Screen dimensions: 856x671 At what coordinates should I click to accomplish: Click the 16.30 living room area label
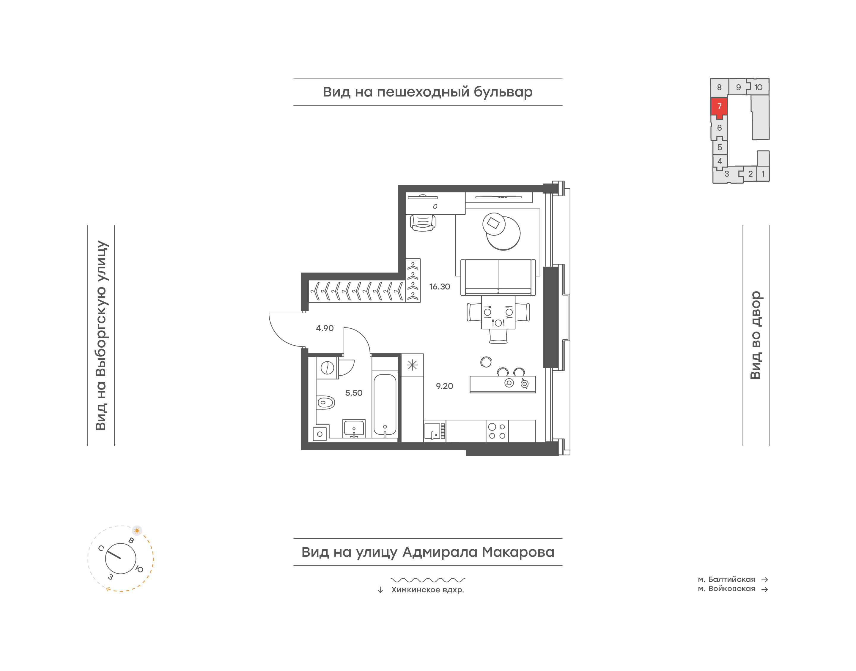(x=439, y=287)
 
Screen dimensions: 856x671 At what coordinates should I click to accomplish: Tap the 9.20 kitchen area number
(x=444, y=386)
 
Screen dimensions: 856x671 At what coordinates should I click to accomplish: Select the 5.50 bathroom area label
(x=353, y=393)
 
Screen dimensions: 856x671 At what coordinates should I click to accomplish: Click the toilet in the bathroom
(x=325, y=402)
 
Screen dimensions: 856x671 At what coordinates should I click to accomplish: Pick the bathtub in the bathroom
(x=385, y=404)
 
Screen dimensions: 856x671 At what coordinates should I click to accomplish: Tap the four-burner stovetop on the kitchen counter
(x=497, y=431)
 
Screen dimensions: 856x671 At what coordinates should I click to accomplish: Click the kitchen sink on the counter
(x=432, y=431)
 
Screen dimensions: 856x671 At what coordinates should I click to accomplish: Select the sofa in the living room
(x=498, y=277)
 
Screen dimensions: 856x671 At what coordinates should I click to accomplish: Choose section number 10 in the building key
(x=758, y=87)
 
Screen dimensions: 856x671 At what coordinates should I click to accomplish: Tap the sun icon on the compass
(x=137, y=530)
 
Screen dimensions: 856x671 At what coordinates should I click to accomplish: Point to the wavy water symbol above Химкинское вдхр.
(x=428, y=580)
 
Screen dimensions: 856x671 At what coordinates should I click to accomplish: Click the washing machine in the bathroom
(x=327, y=368)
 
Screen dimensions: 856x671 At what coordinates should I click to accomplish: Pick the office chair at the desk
(x=423, y=223)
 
